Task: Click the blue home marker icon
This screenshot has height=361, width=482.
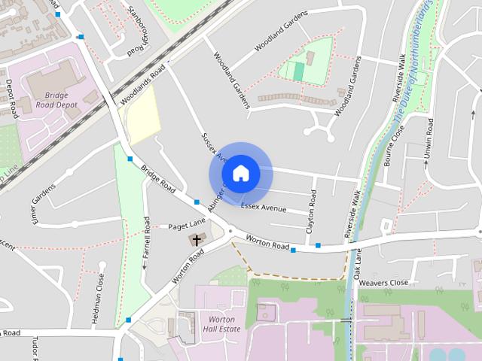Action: coord(240,173)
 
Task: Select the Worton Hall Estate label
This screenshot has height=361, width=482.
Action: coord(224,324)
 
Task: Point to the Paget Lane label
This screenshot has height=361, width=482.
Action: coord(186,225)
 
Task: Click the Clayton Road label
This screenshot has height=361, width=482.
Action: coord(310,214)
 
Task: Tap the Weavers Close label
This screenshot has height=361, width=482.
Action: coord(383,283)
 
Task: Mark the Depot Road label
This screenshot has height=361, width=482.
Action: coord(11,98)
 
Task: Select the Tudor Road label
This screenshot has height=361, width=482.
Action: coord(34,348)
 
